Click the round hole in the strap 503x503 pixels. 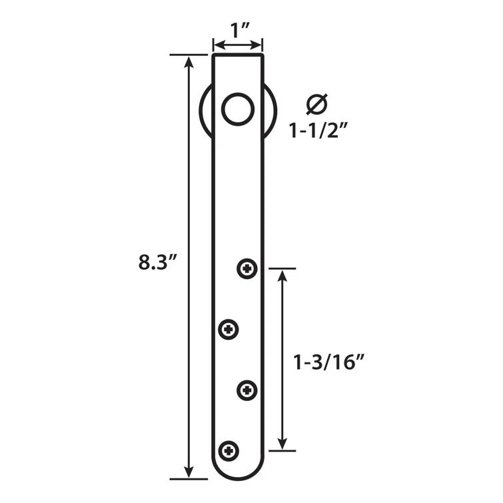[x=238, y=109]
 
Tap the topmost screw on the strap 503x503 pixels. [x=248, y=269]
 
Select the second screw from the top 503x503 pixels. [x=229, y=328]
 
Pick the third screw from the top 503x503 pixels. [x=248, y=390]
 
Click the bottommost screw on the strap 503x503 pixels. [x=229, y=450]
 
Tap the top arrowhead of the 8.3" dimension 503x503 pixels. [x=190, y=61]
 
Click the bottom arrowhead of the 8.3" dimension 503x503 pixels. [x=190, y=472]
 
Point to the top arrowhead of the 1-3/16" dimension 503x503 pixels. [x=282, y=276]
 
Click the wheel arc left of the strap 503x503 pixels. [x=204, y=111]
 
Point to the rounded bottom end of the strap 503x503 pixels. [x=238, y=477]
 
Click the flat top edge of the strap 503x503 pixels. [x=238, y=55]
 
